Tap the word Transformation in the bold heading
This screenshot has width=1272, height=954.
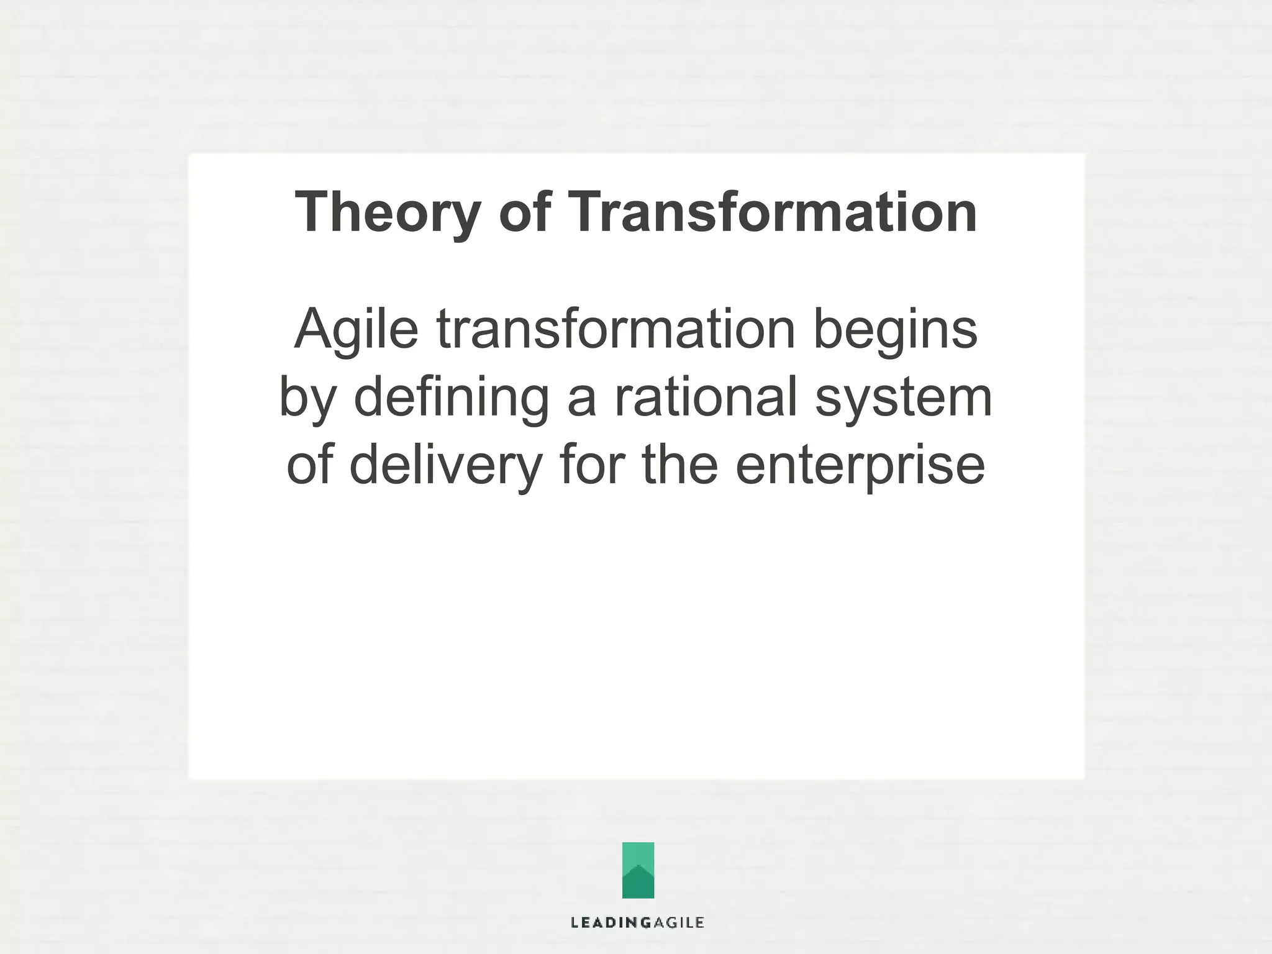pos(772,212)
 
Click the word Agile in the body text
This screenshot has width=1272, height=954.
pos(356,330)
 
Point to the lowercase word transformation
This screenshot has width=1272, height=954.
pos(616,329)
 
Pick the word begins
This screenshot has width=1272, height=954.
pos(895,330)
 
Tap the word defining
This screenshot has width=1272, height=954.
pos(451,399)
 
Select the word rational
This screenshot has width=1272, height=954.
pos(706,397)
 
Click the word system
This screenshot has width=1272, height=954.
pos(903,399)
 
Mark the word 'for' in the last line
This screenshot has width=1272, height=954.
pos(591,466)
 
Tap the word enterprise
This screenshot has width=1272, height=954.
pos(860,467)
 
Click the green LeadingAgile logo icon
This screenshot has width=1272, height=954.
pos(638,870)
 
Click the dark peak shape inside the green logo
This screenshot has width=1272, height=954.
pos(638,884)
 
